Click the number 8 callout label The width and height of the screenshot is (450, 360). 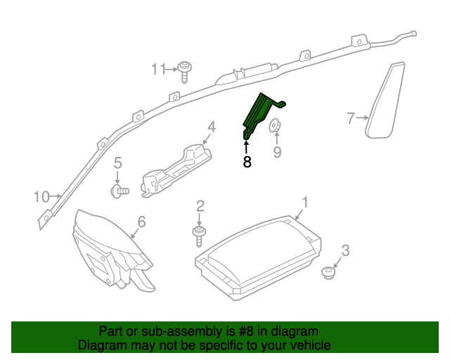[x=247, y=162]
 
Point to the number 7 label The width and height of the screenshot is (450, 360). [x=351, y=118]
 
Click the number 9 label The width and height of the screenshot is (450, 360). [x=277, y=152]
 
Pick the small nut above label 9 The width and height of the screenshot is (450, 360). [x=276, y=127]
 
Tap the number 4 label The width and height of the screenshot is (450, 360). [x=210, y=127]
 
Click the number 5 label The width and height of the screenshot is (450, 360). [x=118, y=162]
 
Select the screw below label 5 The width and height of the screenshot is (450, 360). [x=120, y=189]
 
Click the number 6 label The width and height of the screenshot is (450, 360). [x=141, y=222]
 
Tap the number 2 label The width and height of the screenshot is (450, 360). [x=200, y=205]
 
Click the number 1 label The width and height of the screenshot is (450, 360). [x=304, y=202]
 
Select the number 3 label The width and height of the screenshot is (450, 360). [x=345, y=250]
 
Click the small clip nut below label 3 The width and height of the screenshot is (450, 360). [x=328, y=271]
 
